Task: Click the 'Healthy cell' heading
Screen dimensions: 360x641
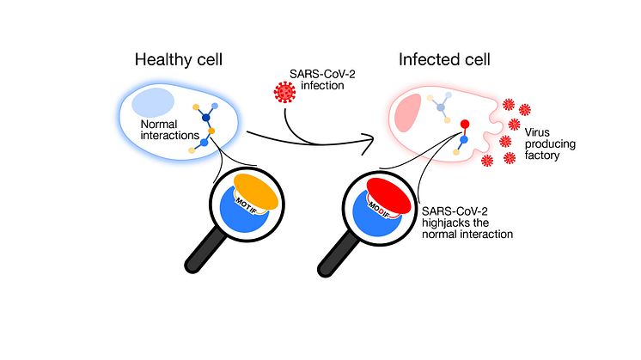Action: tap(180, 61)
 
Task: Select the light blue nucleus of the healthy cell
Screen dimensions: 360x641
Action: tap(154, 101)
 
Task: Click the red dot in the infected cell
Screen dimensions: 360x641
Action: tap(465, 124)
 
